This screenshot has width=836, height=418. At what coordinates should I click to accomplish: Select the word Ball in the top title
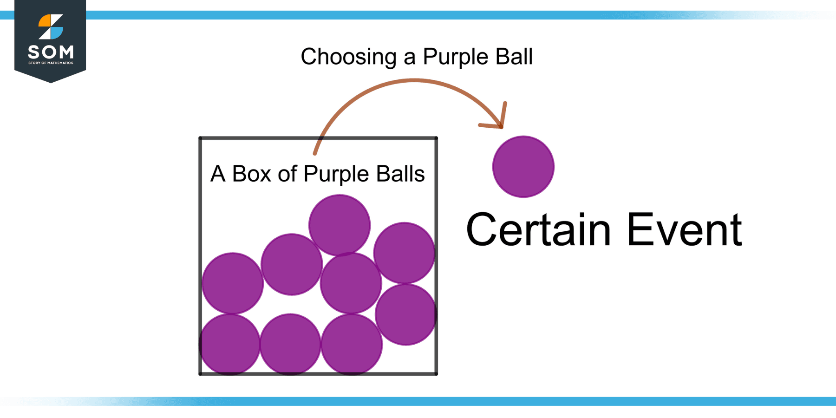tap(514, 56)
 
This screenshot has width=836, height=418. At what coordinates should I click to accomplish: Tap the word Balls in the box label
tap(400, 174)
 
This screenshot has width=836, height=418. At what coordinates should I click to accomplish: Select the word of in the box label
tap(287, 174)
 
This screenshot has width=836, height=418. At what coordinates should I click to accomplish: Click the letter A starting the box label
tap(218, 174)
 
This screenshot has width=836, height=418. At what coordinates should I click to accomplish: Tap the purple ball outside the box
tap(523, 167)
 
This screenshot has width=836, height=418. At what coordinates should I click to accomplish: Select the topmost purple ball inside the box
tap(340, 225)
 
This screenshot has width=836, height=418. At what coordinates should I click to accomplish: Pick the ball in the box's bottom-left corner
tap(229, 345)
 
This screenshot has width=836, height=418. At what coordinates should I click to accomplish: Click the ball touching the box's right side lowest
tap(406, 314)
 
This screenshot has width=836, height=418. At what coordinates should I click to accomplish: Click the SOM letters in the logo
tap(51, 52)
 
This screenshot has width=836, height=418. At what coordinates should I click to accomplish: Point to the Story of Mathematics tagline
tap(51, 63)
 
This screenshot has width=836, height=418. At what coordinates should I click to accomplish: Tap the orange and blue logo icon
tap(51, 27)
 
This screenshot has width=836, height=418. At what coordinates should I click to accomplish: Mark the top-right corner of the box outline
tap(436, 138)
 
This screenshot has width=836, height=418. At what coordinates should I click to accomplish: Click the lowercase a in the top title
tap(410, 59)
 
